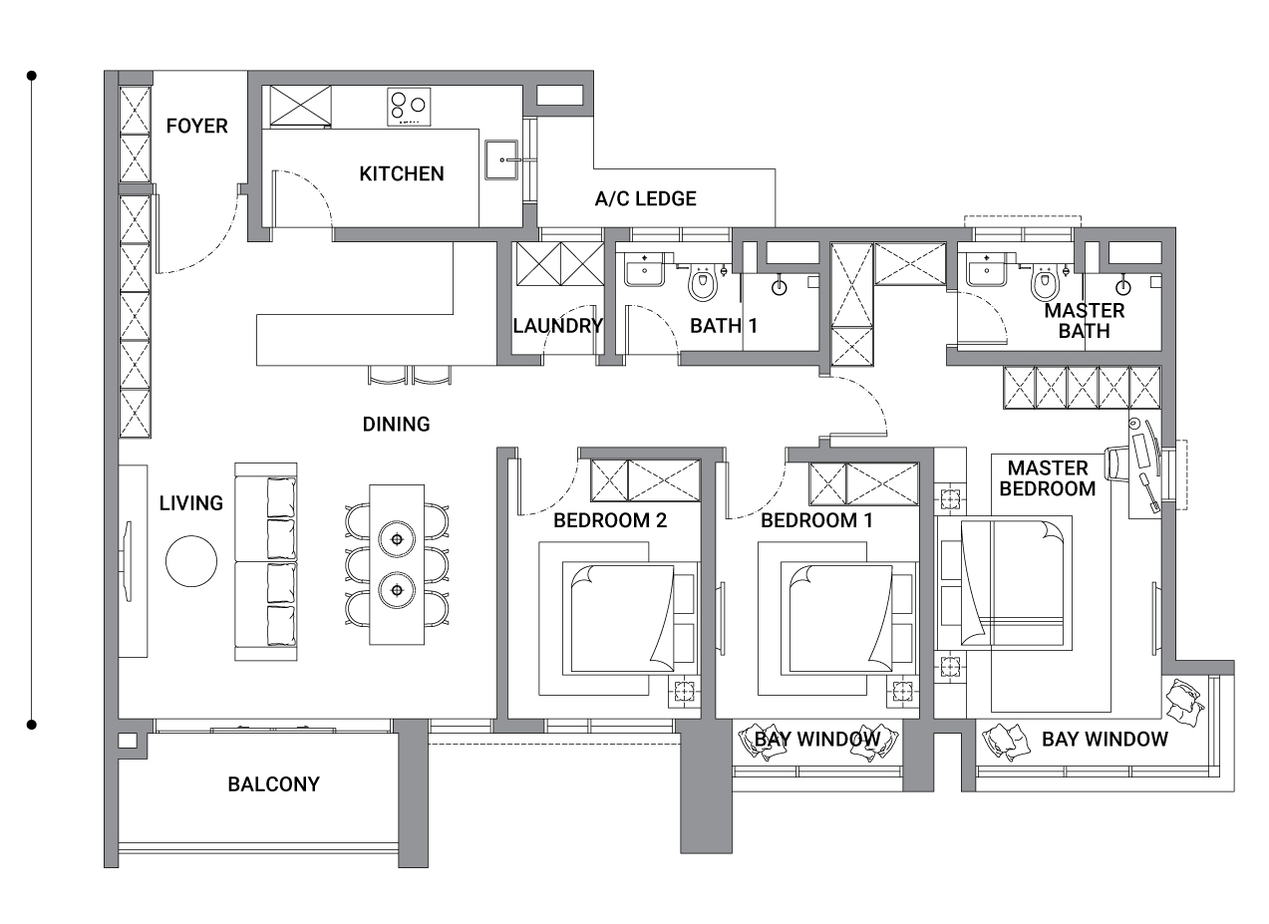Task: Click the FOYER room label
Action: coord(196,126)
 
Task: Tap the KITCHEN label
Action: coord(402,173)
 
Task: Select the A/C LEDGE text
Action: coord(645,198)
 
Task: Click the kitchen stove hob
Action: coord(409,107)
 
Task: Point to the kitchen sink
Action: coord(501,159)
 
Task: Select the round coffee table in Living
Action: coord(191,561)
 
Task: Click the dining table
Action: coord(397,564)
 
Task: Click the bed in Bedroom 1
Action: coord(848,619)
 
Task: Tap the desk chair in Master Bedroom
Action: coord(1114,462)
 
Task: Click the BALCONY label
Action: coord(273,784)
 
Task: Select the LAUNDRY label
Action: coord(558,326)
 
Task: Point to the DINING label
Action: coord(396,425)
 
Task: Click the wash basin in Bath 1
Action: coord(644,269)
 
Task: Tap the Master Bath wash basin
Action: coord(986,269)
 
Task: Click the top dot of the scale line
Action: coord(32,76)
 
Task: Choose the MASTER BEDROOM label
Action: coord(1048,478)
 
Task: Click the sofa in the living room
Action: coord(266,561)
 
